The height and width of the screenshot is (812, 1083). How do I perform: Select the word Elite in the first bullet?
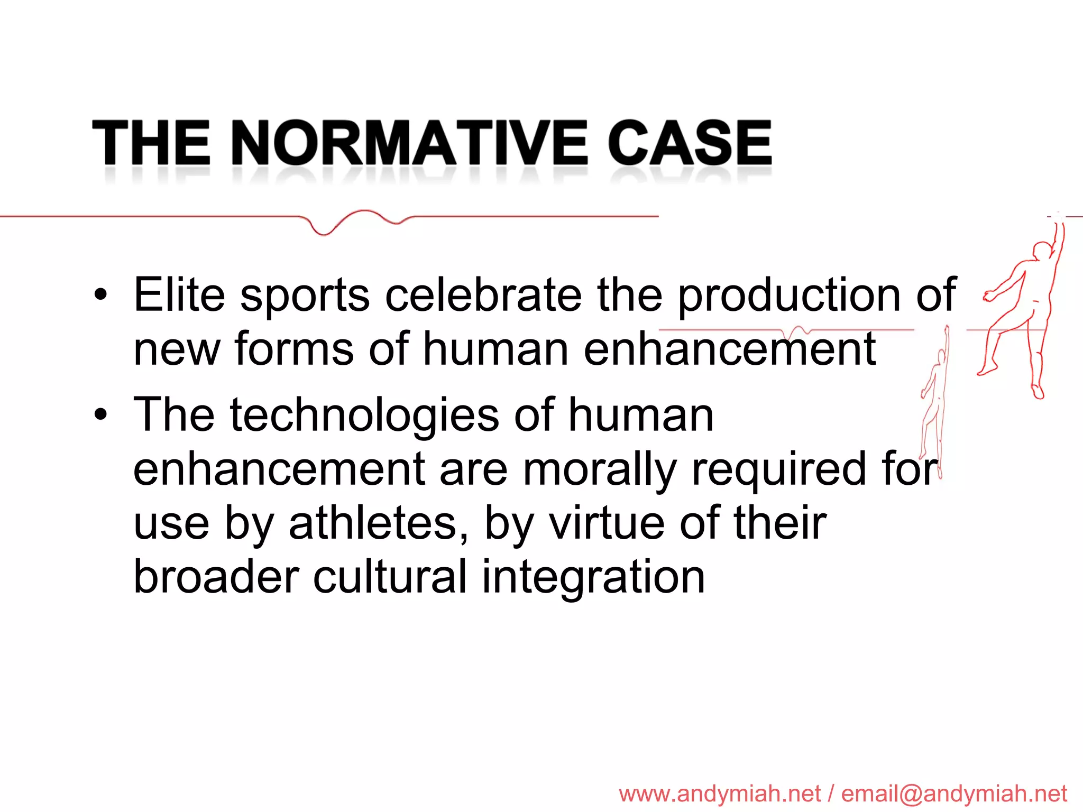tap(179, 294)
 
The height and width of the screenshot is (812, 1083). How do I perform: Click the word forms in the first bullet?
tap(294, 349)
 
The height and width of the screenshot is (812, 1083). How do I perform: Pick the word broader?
tap(216, 577)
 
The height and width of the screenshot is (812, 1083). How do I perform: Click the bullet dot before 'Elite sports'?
tap(100, 295)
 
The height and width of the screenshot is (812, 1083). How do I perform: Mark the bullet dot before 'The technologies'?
tap(100, 416)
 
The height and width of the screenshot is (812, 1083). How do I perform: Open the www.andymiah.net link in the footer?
tap(719, 793)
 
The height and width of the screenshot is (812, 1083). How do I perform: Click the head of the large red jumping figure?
tap(1042, 250)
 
